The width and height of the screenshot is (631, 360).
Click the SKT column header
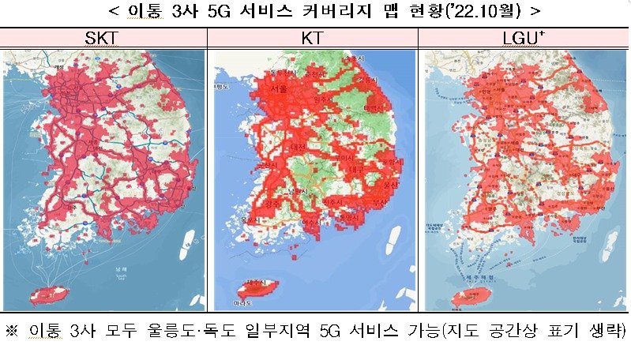pyautogui.click(x=103, y=39)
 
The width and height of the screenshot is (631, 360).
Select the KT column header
pyautogui.click(x=312, y=39)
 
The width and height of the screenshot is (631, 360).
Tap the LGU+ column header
pyautogui.click(x=523, y=39)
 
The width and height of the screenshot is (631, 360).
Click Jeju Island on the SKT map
pyautogui.click(x=49, y=296)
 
